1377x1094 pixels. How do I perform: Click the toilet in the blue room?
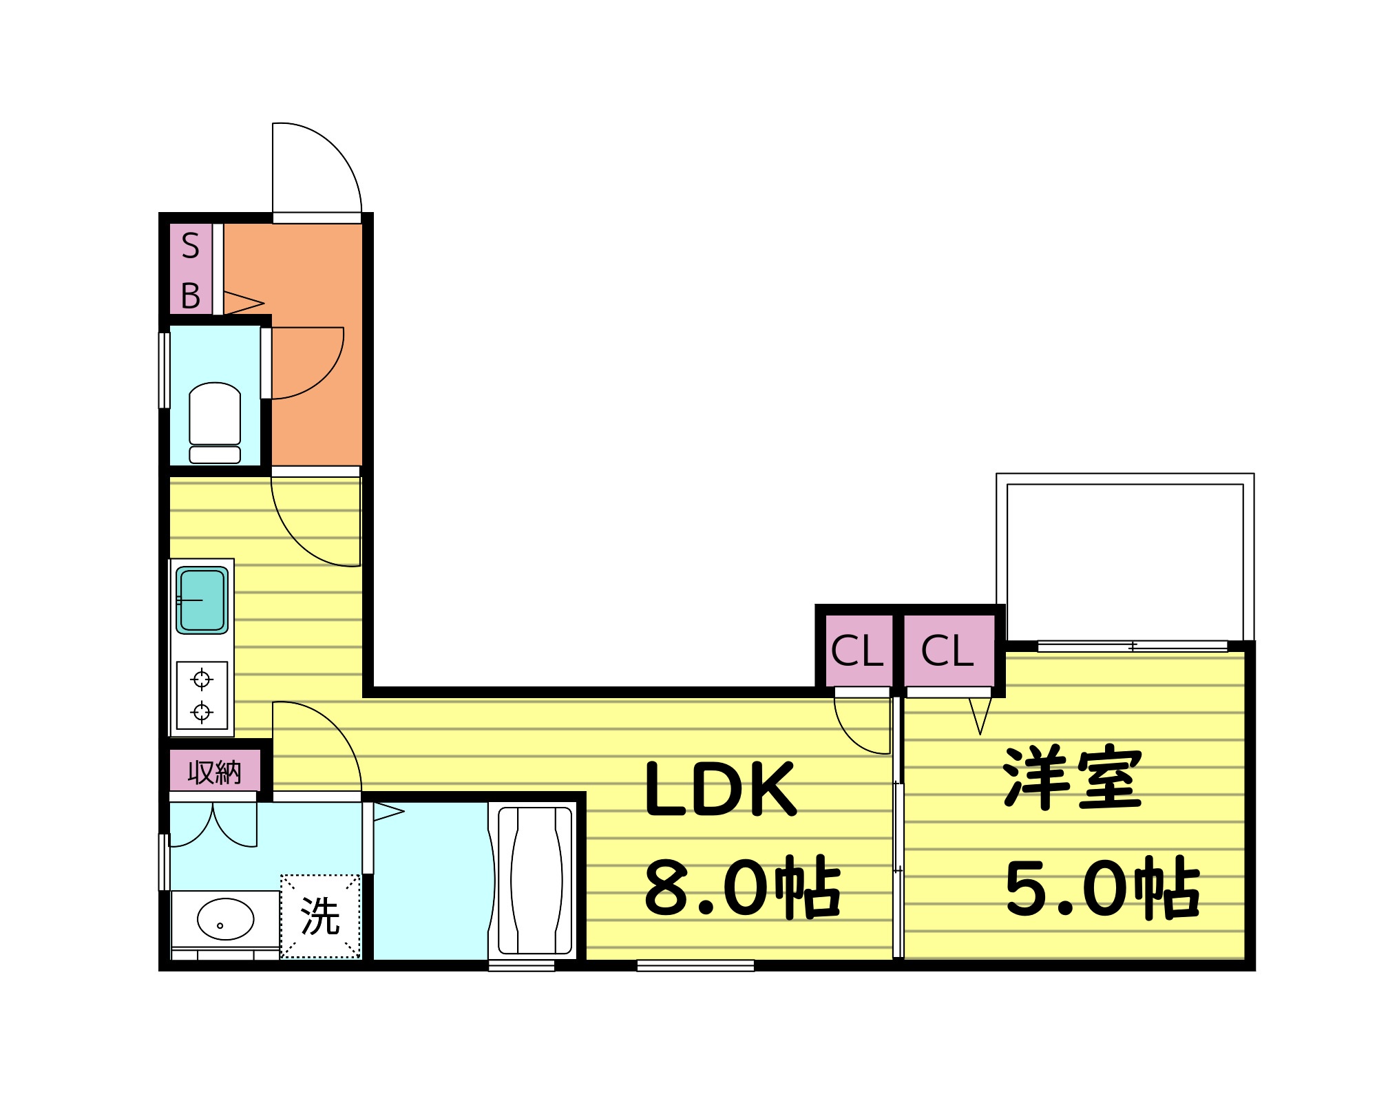215,421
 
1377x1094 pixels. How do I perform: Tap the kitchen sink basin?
202,600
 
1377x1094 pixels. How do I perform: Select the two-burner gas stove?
202,695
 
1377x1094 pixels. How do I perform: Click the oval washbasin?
225,919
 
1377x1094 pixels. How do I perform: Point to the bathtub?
535,881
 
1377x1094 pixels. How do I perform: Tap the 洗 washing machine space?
320,916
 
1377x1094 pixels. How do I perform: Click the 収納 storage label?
215,772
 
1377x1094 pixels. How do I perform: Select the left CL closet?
857,651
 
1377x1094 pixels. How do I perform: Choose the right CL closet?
948,651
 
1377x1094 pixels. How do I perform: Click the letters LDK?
720,789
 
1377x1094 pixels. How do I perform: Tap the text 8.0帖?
742,888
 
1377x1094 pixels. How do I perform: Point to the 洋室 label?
1071,778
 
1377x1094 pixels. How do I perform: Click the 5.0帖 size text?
1102,888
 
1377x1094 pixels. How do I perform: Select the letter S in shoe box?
190,246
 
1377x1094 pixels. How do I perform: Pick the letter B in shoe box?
190,296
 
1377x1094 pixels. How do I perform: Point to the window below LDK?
695,966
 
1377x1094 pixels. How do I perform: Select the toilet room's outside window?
165,370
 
